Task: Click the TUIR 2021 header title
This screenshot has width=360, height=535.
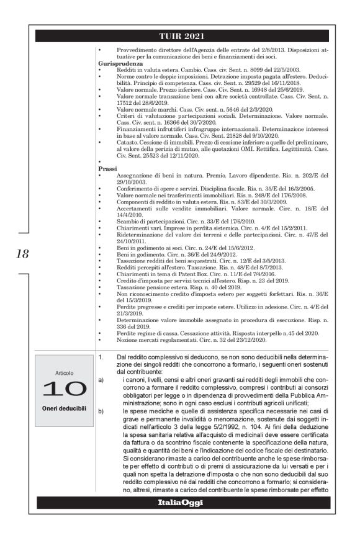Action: tap(179, 36)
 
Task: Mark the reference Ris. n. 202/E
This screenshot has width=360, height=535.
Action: tap(293, 175)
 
